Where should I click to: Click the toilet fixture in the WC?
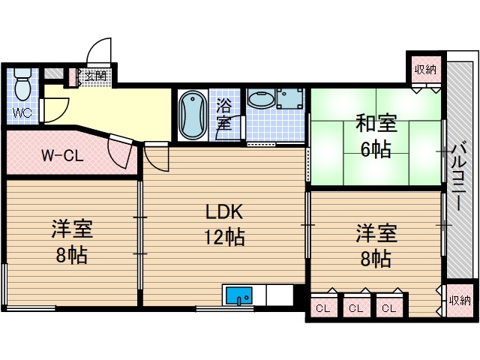click(x=22, y=84)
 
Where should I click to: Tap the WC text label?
click(x=22, y=113)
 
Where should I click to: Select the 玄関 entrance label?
click(x=95, y=76)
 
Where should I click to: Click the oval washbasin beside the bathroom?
click(x=260, y=100)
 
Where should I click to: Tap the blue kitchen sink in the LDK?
click(x=239, y=295)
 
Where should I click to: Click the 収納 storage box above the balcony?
click(x=425, y=70)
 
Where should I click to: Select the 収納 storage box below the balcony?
click(x=459, y=300)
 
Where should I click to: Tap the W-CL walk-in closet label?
click(x=61, y=157)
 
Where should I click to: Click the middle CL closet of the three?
click(x=356, y=307)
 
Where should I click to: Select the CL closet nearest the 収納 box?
click(x=388, y=307)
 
